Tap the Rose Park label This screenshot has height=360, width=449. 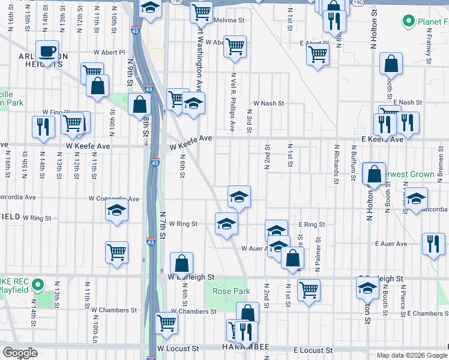point(231,291)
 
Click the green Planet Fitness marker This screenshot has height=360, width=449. point(409,22)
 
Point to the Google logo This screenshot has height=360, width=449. point(20,353)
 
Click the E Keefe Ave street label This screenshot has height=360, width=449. point(382,139)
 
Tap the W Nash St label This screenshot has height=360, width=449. point(268,103)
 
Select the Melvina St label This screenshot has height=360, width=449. point(229,20)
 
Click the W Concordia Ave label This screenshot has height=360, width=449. point(114,199)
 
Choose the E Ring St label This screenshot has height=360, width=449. point(312,224)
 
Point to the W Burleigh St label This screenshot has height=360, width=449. point(191,278)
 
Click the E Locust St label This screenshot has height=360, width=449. point(313,349)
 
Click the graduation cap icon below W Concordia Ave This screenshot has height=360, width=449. point(116,211)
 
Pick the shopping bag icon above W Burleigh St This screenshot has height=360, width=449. point(181,263)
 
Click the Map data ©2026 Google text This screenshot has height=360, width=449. point(411,355)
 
